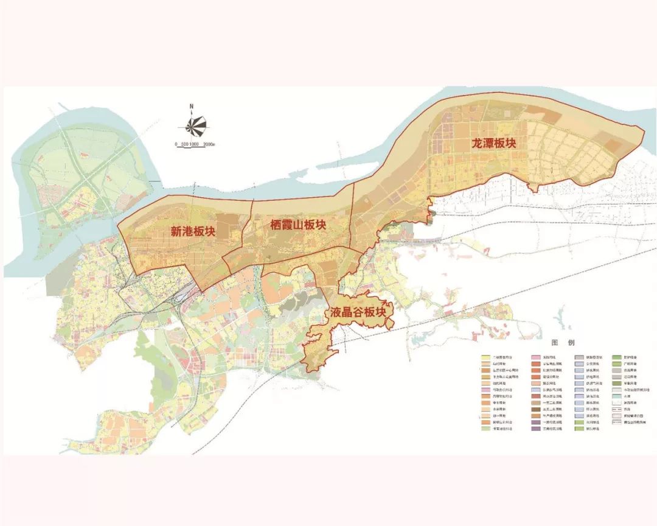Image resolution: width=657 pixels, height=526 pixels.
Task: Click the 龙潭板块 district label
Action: point(493,144)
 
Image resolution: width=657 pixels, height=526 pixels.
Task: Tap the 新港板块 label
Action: point(193,231)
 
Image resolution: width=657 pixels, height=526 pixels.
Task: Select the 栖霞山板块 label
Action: point(297,225)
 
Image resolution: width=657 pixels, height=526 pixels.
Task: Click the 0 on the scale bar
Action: point(176,144)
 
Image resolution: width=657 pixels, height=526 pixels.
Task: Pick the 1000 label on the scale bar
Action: point(194,144)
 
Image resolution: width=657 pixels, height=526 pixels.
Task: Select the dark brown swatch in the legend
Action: point(536,410)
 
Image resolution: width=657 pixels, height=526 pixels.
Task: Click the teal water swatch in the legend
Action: point(617,396)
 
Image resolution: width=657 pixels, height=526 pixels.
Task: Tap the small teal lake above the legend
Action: point(558,321)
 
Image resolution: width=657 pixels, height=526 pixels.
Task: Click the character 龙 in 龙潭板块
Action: point(477,144)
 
